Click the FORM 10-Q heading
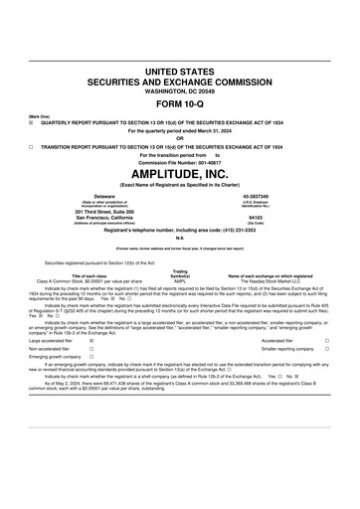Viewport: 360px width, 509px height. [x=180, y=104]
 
